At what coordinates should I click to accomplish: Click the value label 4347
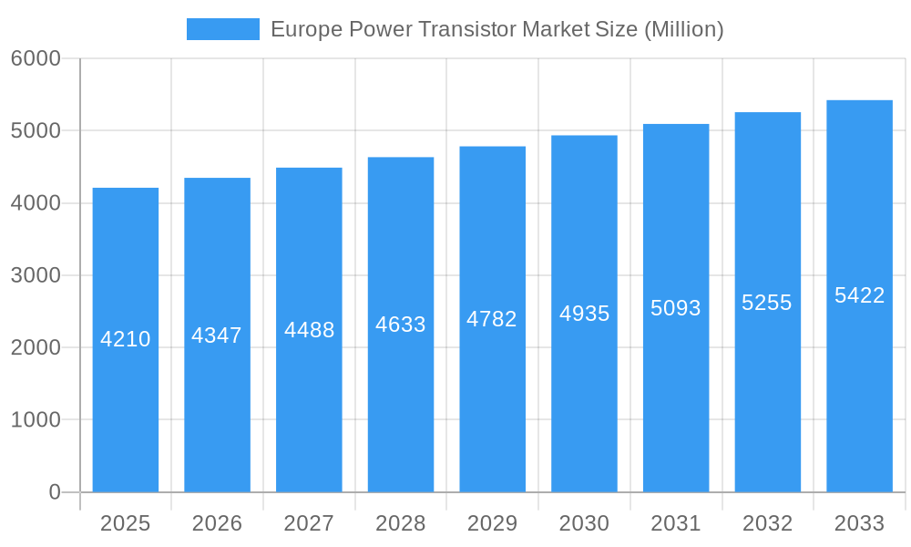pos(217,335)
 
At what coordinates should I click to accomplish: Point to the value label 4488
pos(309,330)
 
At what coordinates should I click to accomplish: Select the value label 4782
pos(492,319)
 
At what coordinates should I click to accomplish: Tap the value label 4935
pos(584,314)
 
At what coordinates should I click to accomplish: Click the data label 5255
pos(767,303)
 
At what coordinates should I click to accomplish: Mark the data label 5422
pos(859,295)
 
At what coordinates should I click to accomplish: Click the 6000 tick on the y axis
pos(36,58)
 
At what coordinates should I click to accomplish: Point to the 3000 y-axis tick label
pos(36,275)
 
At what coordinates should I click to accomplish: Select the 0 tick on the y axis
pos(54,492)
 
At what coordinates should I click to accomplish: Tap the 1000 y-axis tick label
pos(36,420)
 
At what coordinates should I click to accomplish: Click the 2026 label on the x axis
pos(217,523)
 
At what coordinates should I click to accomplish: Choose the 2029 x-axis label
pos(492,523)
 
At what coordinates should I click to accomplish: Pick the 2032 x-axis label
pos(767,523)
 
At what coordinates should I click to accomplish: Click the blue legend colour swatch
pos(223,29)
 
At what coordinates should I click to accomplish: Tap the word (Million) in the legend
pos(683,29)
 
